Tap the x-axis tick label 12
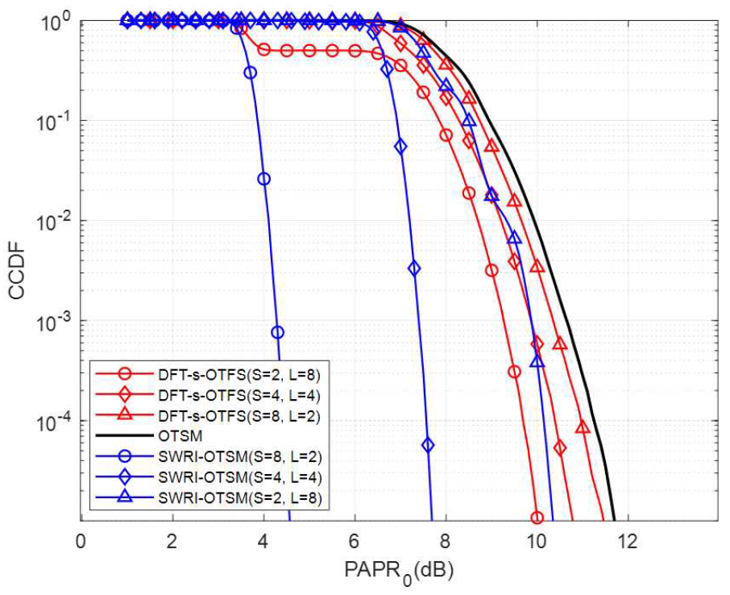pos(626,539)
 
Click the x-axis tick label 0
pos(80,539)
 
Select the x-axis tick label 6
pos(354,539)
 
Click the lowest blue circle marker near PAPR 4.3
pos(277,332)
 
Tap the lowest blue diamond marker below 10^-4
pos(428,445)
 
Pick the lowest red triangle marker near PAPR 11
pos(583,427)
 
